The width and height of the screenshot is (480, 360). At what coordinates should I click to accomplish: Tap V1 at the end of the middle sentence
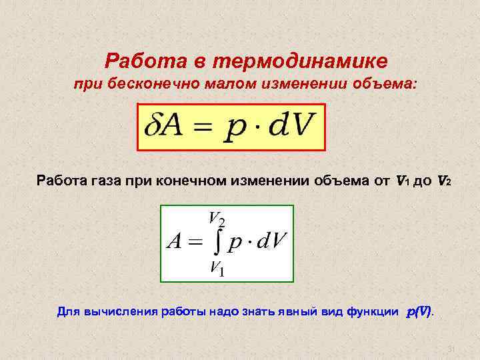coord(403,180)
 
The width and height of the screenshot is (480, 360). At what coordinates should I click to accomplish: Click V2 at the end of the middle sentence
coord(445,180)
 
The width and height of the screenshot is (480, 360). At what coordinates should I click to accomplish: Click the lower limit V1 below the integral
coord(216,268)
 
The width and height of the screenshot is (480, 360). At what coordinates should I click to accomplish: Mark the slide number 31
coord(450,349)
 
